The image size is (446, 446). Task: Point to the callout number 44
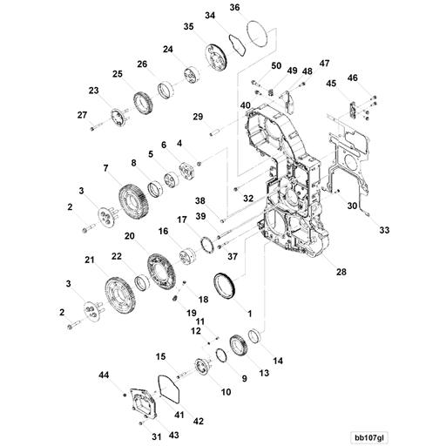pyautogui.click(x=104, y=375)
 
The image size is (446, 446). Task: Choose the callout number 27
pyautogui.click(x=83, y=115)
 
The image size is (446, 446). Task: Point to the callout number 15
pyautogui.click(x=160, y=356)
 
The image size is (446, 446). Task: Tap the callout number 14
pyautogui.click(x=278, y=360)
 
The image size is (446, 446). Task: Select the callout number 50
pyautogui.click(x=275, y=67)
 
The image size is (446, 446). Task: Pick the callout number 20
pyautogui.click(x=129, y=236)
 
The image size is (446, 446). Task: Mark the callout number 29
pyautogui.click(x=198, y=118)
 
